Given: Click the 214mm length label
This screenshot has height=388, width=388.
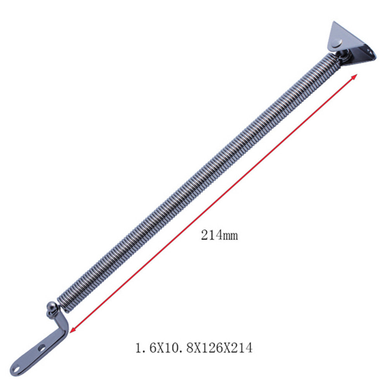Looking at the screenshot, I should click(x=219, y=235).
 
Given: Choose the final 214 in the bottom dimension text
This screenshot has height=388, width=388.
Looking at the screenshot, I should click(x=242, y=348).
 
